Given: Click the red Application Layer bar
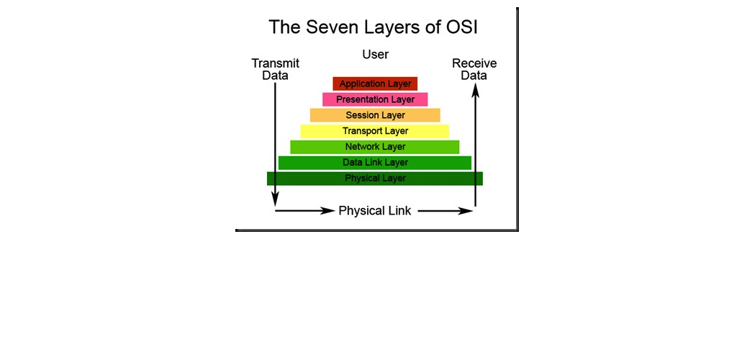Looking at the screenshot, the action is (x=375, y=84).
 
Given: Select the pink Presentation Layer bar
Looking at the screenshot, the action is (x=375, y=99).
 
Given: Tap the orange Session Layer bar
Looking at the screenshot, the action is (x=375, y=115).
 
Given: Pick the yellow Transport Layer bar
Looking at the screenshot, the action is (x=375, y=131).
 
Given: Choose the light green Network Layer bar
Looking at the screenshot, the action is (x=375, y=147).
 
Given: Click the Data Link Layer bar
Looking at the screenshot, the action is (x=375, y=163).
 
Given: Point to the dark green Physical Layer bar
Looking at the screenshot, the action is (x=375, y=179).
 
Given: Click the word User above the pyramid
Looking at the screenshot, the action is (x=376, y=55).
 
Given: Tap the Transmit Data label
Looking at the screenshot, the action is (x=276, y=69).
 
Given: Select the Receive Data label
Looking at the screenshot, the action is (x=474, y=69).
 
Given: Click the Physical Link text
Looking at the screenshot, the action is (x=375, y=210).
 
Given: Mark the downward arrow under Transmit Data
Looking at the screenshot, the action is (x=276, y=145).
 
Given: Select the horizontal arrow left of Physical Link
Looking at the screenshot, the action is (x=304, y=211).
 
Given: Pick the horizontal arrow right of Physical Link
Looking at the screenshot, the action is (x=445, y=211).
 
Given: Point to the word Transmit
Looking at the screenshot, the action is (x=276, y=63).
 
